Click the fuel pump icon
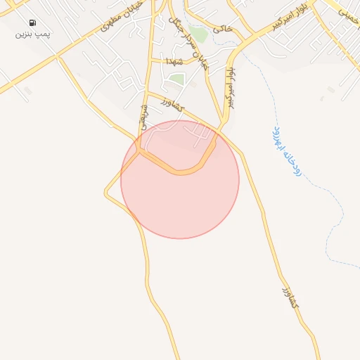coord(32,22)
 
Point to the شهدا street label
coord(174,62)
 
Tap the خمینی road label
coord(346,13)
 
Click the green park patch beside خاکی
coord(199,33)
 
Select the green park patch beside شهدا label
coord(176,78)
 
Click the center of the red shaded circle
coord(179,179)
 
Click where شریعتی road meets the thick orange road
coord(141,150)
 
